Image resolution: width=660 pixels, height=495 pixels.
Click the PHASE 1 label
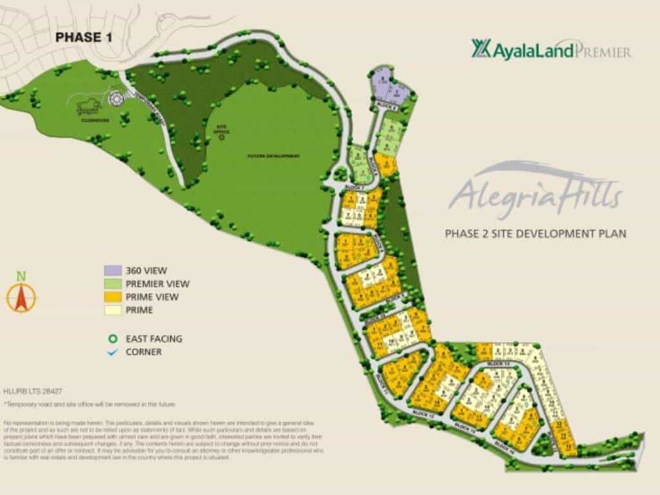[84, 37]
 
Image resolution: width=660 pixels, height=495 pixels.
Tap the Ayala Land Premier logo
[551, 49]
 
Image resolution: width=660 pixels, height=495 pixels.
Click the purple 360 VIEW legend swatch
[113, 271]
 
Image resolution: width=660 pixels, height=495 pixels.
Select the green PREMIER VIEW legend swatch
[113, 284]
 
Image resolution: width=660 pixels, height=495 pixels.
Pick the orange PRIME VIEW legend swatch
[113, 297]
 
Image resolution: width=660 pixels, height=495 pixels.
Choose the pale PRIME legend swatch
[113, 310]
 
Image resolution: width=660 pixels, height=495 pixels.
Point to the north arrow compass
[21, 294]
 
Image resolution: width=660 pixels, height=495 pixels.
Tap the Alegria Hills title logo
[535, 190]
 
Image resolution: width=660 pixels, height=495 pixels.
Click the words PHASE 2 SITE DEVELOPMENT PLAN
[536, 233]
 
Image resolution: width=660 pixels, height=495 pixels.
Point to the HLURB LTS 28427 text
[33, 391]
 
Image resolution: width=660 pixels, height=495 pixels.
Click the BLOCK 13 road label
[499, 365]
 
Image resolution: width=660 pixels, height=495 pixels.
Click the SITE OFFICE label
[222, 130]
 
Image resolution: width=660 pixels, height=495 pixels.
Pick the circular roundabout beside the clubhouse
[116, 100]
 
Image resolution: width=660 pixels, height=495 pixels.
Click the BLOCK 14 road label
[464, 427]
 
